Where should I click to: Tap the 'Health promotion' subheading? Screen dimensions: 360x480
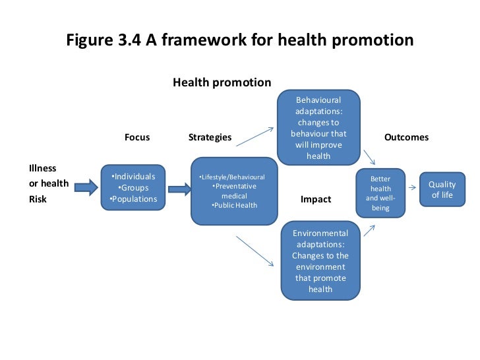coord(222,82)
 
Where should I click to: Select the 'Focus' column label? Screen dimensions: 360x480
coord(137,137)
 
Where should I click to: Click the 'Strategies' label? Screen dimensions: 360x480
coord(210,137)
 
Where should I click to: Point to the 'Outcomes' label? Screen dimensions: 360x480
coord(406,137)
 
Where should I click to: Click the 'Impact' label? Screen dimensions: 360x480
coord(316,199)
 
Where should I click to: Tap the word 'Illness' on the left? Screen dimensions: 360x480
coord(43,168)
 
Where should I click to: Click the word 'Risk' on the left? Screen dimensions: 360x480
coord(38,198)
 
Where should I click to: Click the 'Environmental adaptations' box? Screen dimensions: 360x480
coord(320,261)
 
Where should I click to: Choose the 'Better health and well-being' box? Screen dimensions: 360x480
coord(380,193)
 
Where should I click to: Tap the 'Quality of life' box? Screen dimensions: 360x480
coord(441,190)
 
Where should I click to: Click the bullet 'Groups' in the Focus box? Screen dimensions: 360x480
coord(134,188)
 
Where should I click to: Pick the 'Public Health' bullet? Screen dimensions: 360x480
coord(234,205)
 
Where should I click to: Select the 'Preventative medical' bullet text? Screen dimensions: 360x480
coord(234,191)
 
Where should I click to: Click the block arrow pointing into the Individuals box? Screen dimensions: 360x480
coord(85,189)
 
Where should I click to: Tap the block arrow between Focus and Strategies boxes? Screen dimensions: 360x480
coord(179,189)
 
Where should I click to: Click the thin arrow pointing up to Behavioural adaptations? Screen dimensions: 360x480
coord(255,136)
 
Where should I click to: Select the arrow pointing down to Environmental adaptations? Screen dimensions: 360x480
coord(255,251)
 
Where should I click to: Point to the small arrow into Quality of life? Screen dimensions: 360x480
coord(411,188)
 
